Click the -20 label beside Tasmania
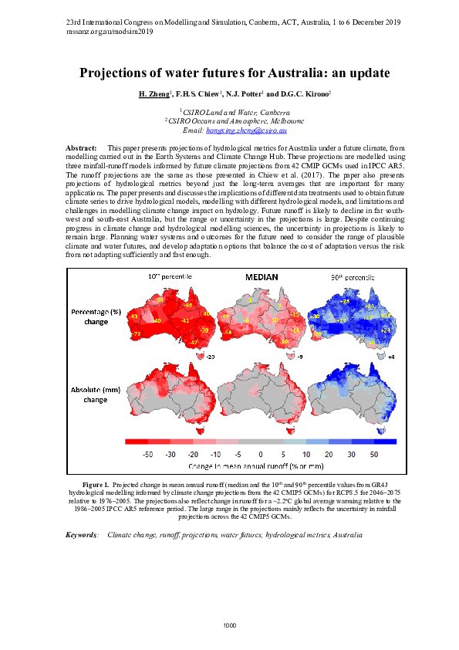coord(209,357)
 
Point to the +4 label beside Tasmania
coord(391,357)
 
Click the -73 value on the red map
coord(137,333)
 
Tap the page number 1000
coord(229,624)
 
